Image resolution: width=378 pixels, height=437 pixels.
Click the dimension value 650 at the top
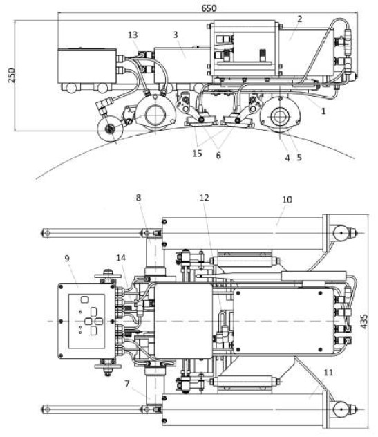[x=209, y=8]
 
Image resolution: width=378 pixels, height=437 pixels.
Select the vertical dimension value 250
[x=12, y=75]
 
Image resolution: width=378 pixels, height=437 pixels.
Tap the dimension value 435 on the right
[x=364, y=322]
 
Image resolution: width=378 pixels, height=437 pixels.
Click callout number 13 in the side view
[x=133, y=35]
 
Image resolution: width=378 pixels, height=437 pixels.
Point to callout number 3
[x=176, y=35]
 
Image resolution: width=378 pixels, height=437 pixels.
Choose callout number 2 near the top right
[x=299, y=19]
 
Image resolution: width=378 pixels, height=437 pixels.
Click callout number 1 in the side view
[x=323, y=111]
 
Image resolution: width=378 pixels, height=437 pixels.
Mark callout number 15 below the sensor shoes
[x=197, y=154]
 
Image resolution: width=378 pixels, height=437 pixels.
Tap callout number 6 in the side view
[x=218, y=156]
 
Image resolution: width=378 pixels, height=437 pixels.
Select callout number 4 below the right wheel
[x=287, y=158]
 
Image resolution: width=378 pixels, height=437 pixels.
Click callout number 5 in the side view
[x=299, y=157]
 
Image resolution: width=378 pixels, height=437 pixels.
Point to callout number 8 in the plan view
[x=138, y=198]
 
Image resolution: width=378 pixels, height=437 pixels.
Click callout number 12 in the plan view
[x=204, y=198]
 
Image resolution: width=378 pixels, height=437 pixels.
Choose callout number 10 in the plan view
[x=287, y=200]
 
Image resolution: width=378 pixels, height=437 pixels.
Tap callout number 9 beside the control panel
[x=67, y=258]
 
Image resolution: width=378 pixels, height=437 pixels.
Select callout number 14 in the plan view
[x=121, y=257]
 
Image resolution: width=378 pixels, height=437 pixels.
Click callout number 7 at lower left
[x=127, y=384]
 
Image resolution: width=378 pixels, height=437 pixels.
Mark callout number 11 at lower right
[x=329, y=372]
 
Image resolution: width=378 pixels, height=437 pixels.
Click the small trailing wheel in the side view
[x=110, y=129]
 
